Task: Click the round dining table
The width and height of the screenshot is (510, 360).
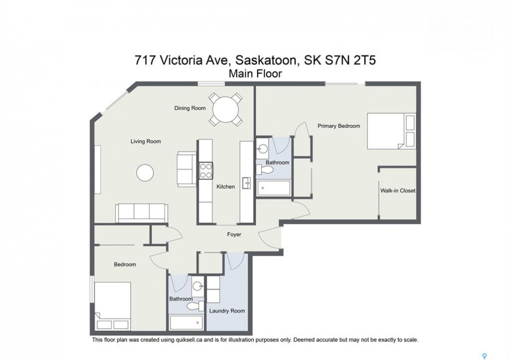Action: [225, 110]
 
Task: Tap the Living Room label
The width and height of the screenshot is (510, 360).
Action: [146, 141]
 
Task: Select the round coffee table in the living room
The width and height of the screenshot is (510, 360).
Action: [145, 173]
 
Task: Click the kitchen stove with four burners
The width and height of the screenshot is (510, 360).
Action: [206, 170]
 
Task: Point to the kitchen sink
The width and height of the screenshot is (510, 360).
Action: [247, 183]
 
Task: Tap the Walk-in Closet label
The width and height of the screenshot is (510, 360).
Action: [398, 190]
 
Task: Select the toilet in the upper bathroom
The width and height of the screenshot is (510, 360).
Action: [265, 170]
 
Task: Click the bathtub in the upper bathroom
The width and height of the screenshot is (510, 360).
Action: [274, 188]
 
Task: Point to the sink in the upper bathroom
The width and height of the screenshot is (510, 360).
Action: [262, 149]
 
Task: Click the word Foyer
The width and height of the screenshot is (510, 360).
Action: [234, 234]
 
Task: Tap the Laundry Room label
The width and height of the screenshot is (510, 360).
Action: [227, 311]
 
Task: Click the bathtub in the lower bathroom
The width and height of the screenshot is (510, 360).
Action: [186, 323]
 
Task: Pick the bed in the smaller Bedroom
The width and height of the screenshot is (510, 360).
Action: [113, 305]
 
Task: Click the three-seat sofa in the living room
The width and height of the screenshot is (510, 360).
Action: [142, 213]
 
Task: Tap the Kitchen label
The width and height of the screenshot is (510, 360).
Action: [226, 187]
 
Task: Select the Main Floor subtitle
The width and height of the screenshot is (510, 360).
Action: [255, 74]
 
